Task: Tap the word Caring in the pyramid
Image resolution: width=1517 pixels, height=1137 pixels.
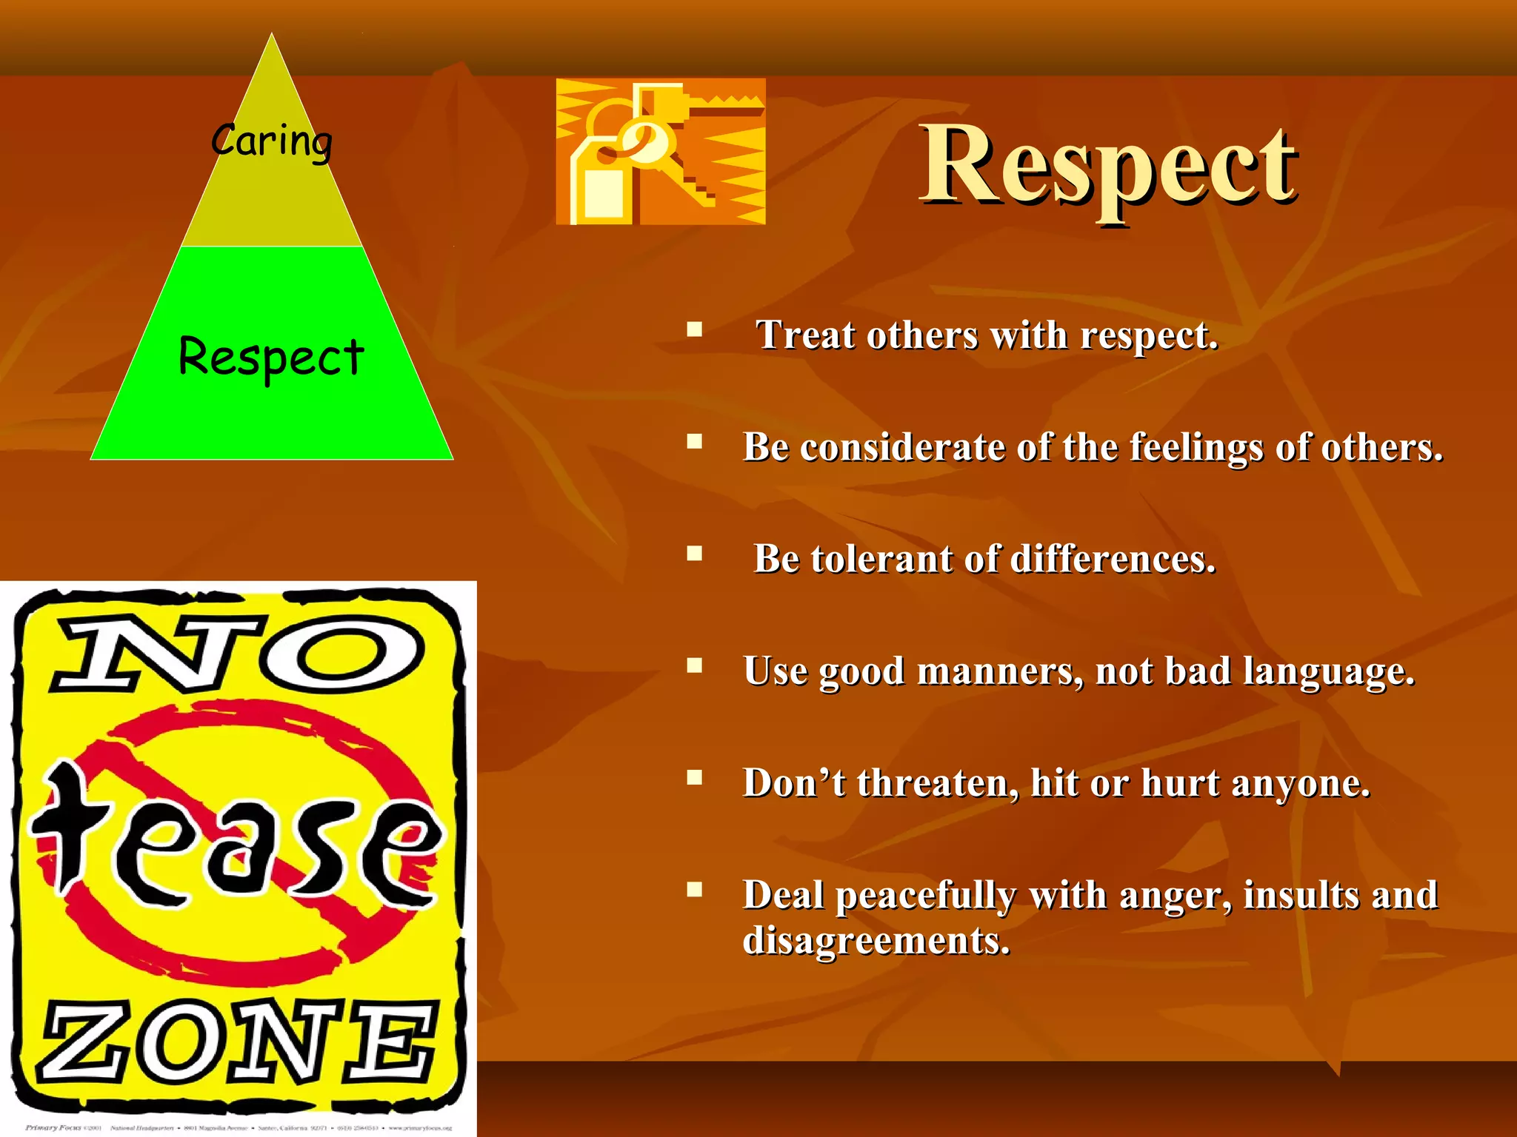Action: (272, 141)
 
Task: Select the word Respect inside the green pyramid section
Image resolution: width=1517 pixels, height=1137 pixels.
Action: (271, 358)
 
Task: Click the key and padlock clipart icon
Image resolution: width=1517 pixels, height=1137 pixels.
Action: (661, 152)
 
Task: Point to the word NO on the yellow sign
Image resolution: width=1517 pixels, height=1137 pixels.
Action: (237, 651)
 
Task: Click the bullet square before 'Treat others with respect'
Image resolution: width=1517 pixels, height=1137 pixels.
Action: (694, 329)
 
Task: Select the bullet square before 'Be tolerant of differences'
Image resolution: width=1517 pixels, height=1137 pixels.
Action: (694, 554)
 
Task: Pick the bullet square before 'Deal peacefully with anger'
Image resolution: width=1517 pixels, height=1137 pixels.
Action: (694, 889)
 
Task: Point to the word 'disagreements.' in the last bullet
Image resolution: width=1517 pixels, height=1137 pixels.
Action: (876, 942)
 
